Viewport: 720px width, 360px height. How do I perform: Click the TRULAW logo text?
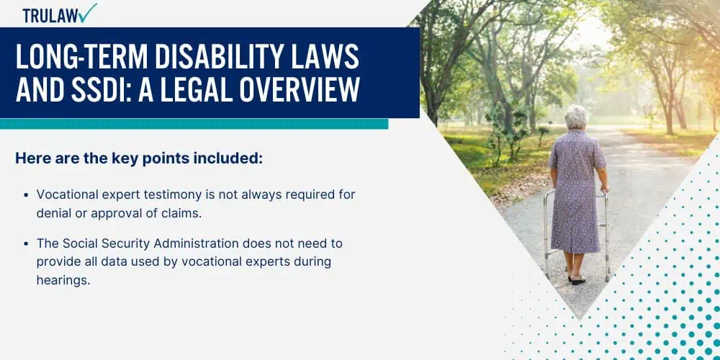coord(50,16)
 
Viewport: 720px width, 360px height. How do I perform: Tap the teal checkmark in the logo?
coord(87,13)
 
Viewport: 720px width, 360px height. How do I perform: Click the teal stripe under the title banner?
coord(194,124)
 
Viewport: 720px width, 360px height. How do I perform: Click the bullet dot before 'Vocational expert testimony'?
coord(26,194)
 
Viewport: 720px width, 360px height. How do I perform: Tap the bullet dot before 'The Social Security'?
coord(26,243)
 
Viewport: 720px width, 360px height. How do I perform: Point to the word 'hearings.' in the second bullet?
coord(63,281)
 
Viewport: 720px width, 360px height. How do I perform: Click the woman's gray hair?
coord(577,117)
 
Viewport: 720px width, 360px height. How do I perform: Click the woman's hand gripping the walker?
coord(604,188)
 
